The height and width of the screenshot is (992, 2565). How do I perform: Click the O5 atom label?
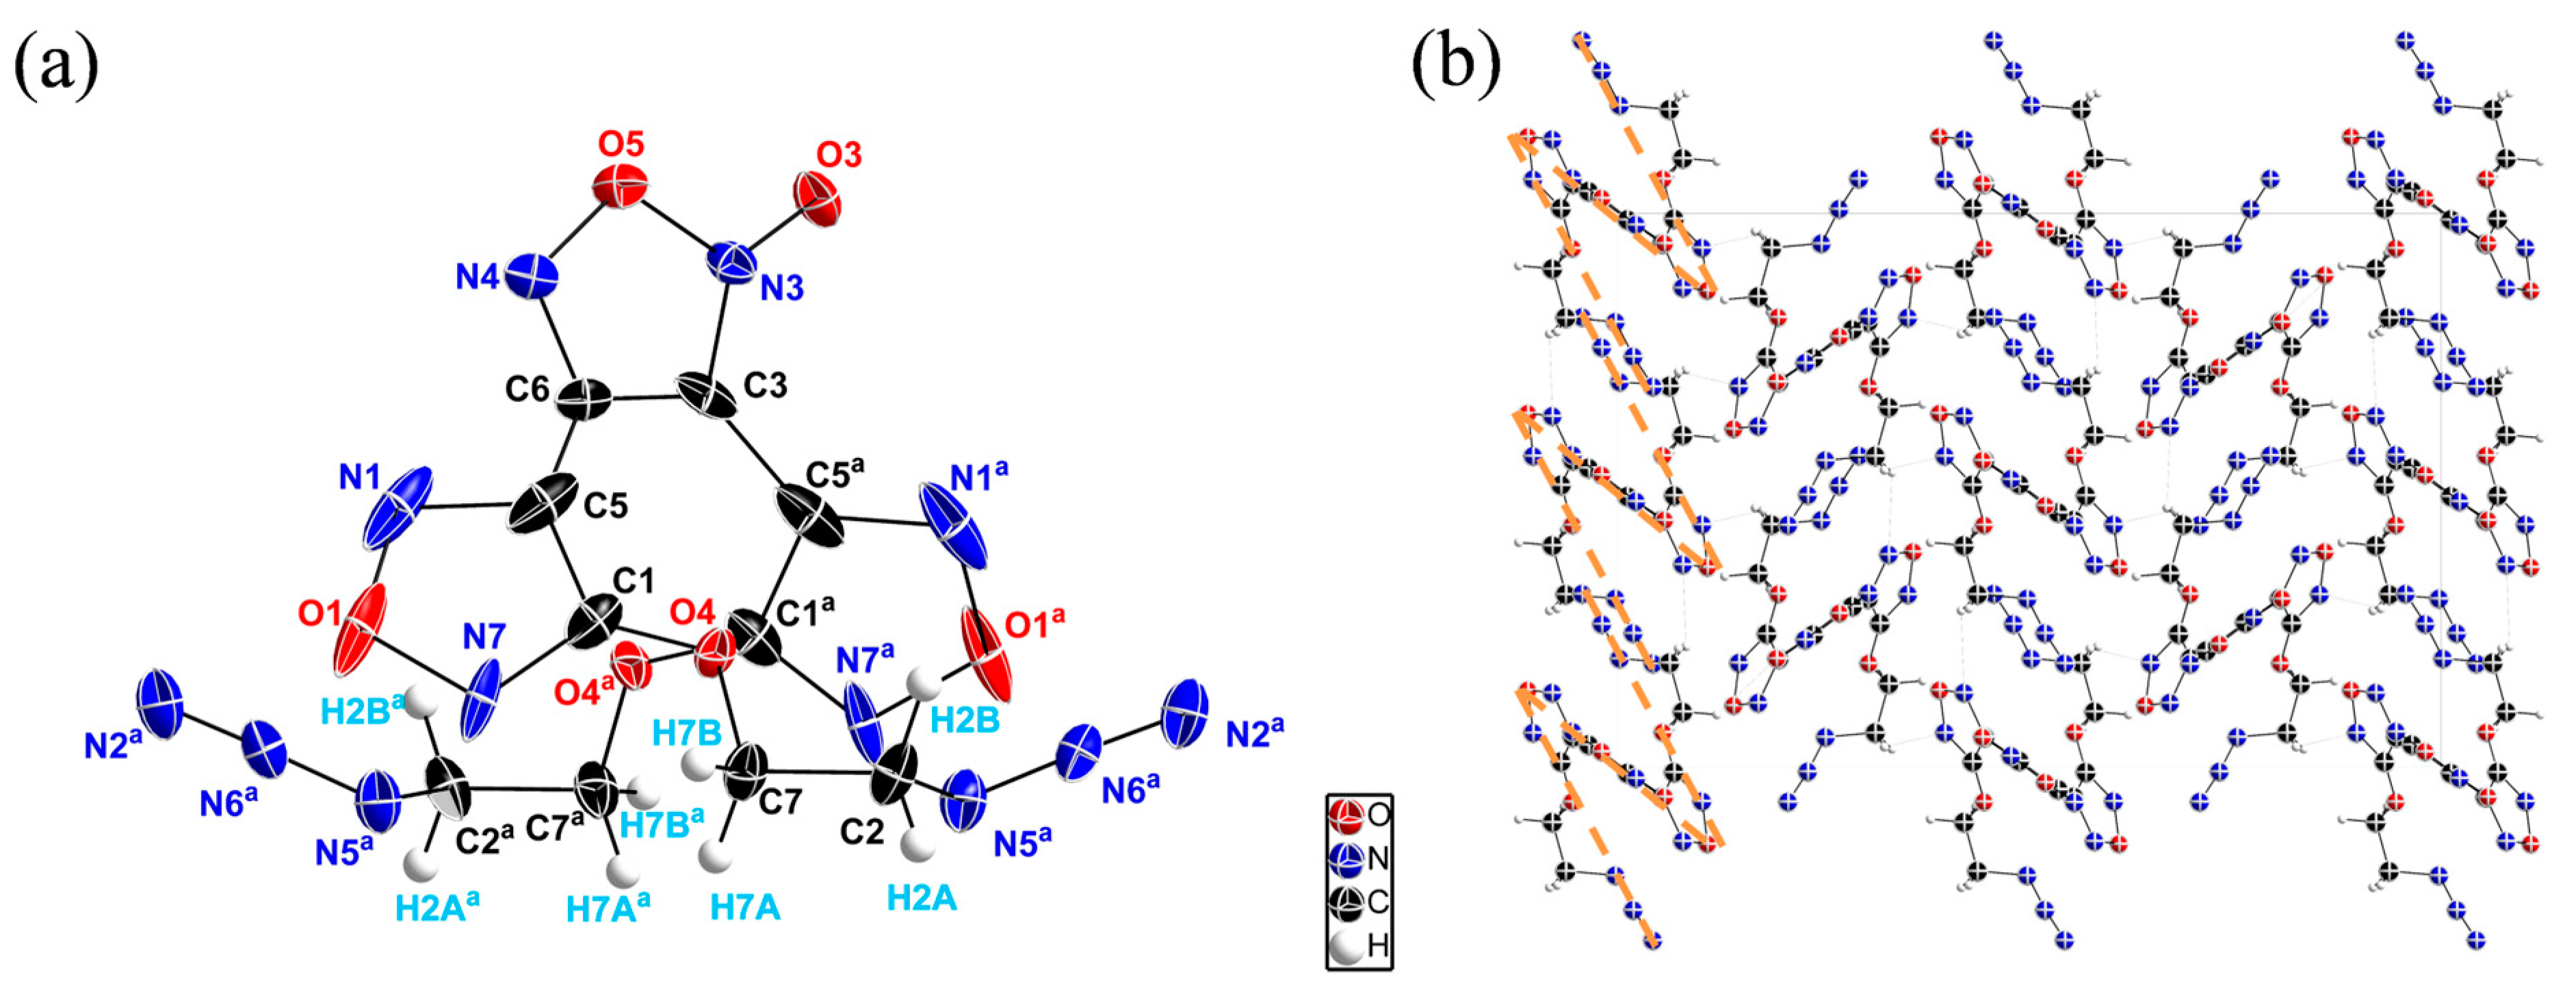621,145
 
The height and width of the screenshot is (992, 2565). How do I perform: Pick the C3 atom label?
766,385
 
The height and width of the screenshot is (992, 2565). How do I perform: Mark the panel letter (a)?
56,66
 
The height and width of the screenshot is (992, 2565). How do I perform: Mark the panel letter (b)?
1456,66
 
